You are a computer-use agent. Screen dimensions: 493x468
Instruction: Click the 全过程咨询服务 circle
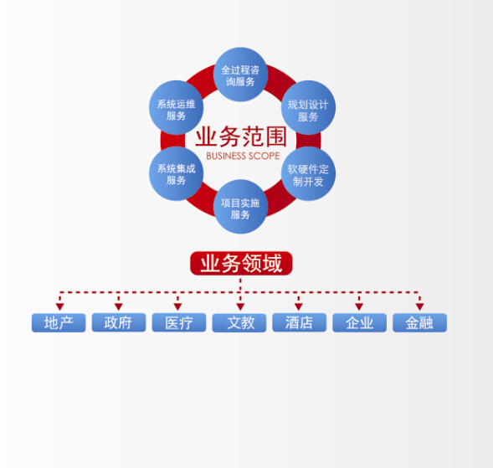tap(240, 75)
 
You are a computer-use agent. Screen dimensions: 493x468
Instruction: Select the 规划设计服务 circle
tap(308, 107)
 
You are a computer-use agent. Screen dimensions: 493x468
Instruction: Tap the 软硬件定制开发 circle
tap(308, 173)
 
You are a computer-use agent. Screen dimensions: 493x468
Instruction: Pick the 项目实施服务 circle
tap(240, 207)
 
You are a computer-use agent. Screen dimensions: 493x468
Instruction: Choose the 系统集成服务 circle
tap(176, 173)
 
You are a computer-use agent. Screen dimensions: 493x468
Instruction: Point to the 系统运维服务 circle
tap(176, 107)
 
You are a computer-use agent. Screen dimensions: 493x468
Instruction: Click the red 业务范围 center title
tap(241, 136)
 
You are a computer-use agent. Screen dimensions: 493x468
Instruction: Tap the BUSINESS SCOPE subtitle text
tap(243, 156)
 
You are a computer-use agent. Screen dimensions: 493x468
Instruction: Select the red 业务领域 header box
tap(241, 263)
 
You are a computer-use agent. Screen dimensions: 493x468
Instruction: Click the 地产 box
tap(59, 322)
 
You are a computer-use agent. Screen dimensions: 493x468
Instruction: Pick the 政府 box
tap(119, 322)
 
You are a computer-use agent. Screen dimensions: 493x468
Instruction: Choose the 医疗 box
tap(179, 322)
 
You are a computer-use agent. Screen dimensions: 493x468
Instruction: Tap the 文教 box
tap(239, 322)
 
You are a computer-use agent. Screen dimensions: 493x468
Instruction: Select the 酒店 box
tap(300, 322)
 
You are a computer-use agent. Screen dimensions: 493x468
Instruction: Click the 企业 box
tap(359, 322)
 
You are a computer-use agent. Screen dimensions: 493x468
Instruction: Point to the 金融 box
tap(419, 322)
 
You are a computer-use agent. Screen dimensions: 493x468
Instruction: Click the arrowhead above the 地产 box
tap(59, 306)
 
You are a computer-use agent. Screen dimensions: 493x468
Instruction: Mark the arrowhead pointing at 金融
tap(419, 306)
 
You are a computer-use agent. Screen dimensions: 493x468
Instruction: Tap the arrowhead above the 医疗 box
tap(177, 306)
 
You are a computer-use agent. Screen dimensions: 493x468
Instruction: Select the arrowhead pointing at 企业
tap(359, 306)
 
